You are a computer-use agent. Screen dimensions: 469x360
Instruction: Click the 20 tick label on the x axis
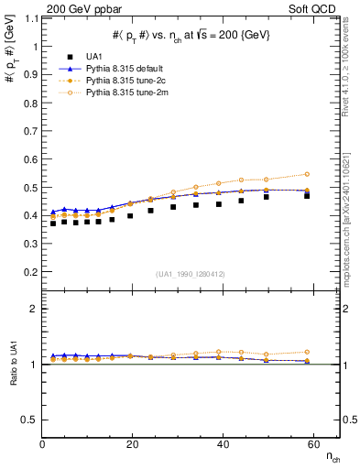[x=132, y=443]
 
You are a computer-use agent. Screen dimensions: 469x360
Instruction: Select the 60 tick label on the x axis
[x=311, y=443]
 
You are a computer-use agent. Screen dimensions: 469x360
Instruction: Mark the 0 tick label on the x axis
[x=43, y=443]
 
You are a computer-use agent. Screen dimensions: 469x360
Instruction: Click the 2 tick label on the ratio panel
[x=34, y=309]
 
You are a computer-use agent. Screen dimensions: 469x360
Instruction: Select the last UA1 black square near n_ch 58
[x=307, y=195]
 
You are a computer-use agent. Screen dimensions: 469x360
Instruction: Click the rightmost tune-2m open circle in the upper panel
[x=307, y=174]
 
